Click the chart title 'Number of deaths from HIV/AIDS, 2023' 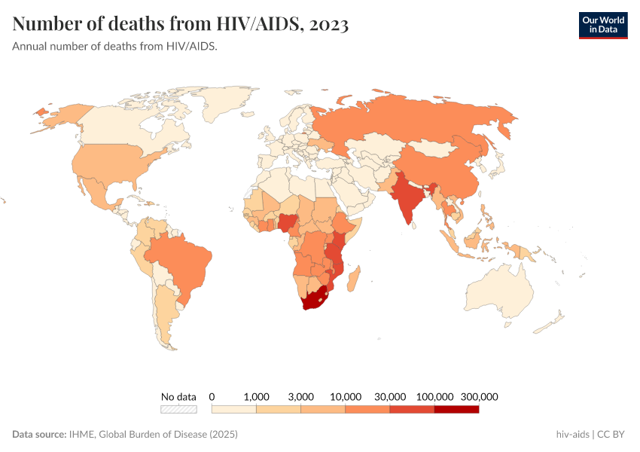coord(181,24)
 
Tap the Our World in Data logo coord(602,25)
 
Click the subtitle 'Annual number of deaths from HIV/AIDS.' coord(115,47)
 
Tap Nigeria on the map coord(288,224)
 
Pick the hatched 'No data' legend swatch coord(178,410)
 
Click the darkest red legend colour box coord(456,410)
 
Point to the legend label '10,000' coord(346,396)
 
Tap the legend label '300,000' coord(479,396)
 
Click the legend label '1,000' coord(257,396)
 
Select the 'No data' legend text coord(178,396)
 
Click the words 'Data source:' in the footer coord(39,435)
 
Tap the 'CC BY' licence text coord(613,435)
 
